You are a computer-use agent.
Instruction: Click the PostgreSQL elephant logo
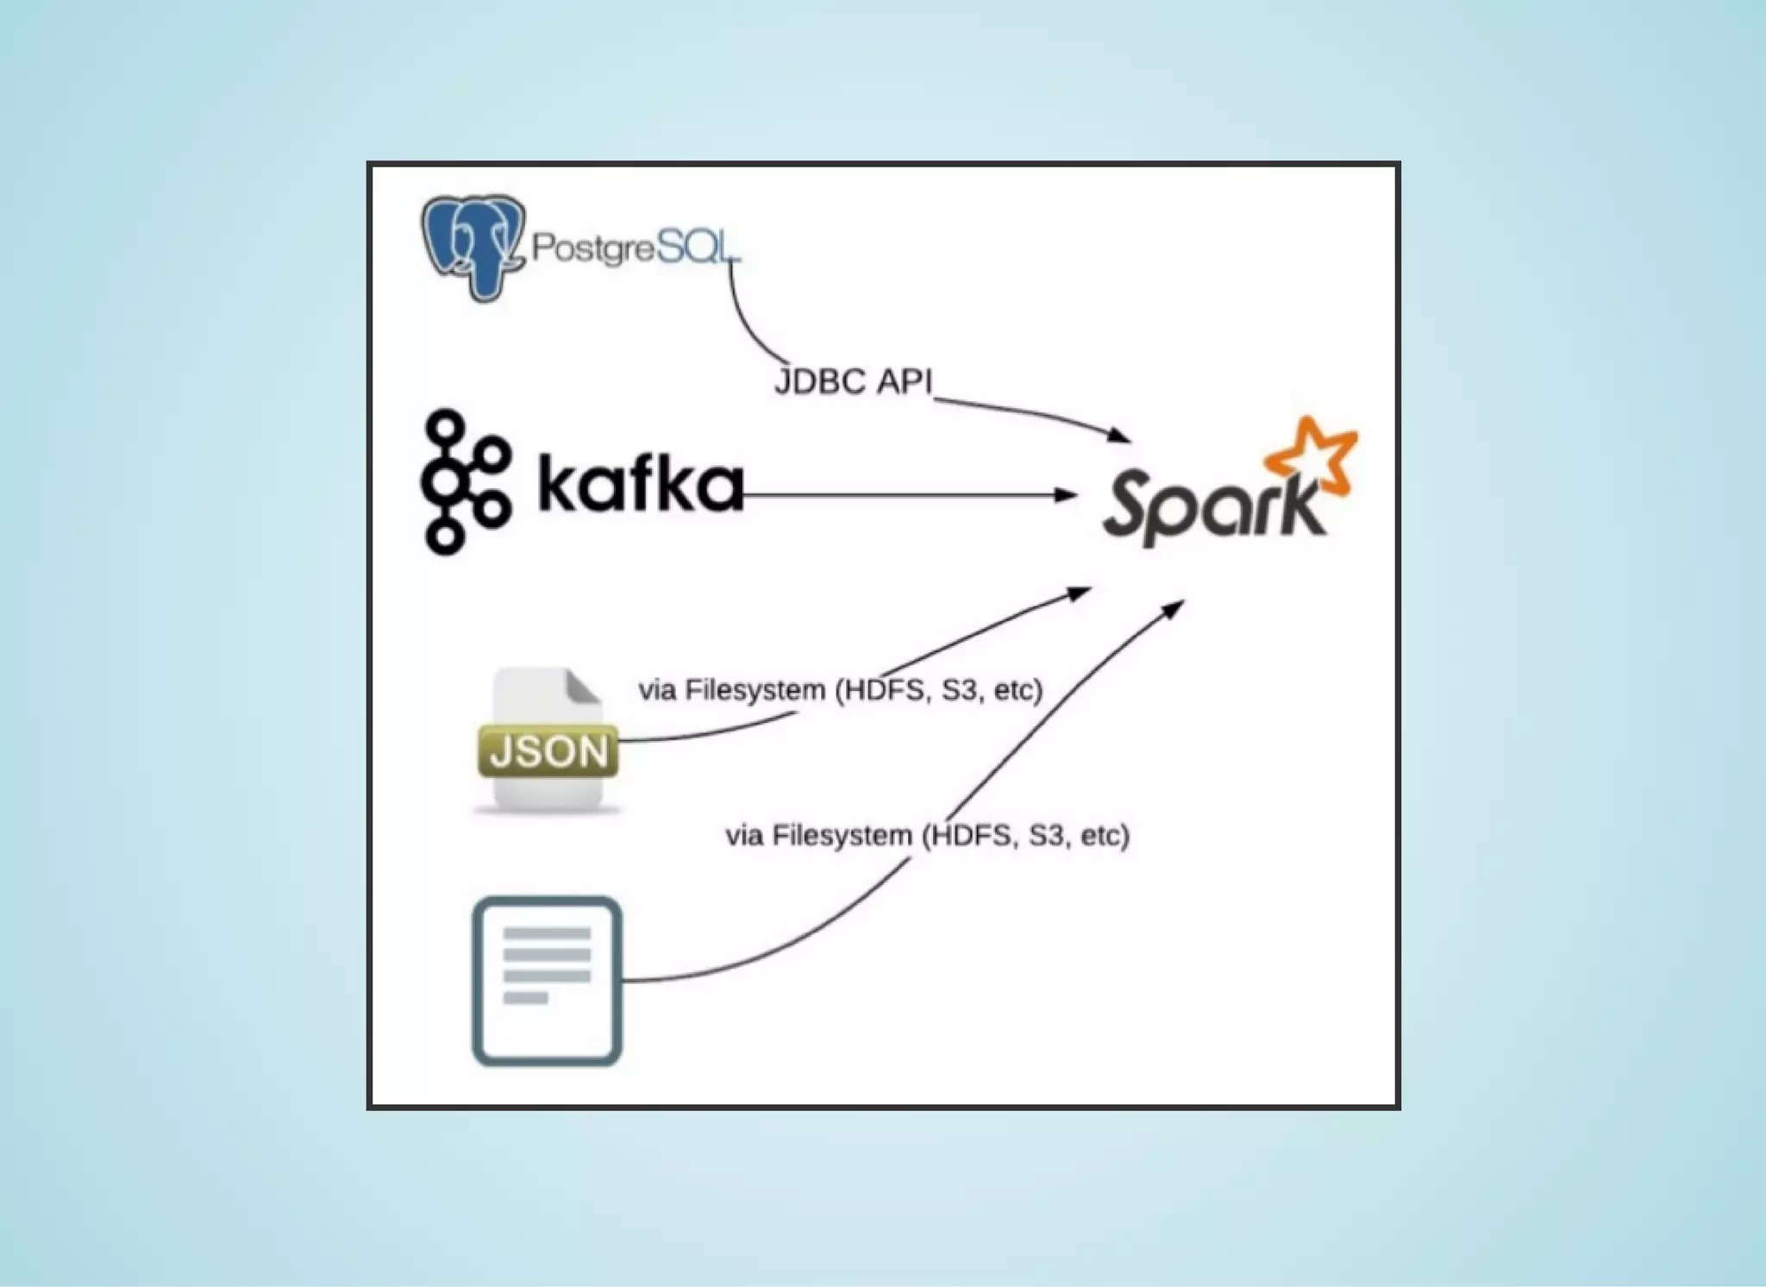(472, 246)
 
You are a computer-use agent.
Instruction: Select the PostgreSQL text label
(635, 248)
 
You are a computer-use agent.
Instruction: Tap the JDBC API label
(853, 380)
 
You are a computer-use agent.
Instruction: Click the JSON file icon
(548, 741)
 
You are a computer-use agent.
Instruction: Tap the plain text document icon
(548, 981)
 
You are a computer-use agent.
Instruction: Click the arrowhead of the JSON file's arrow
(1081, 593)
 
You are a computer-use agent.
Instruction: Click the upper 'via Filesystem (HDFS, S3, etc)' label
(841, 690)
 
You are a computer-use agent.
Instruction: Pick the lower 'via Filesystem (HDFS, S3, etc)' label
(927, 835)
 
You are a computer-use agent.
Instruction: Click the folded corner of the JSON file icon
(583, 687)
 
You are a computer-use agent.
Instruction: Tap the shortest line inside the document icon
(525, 998)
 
